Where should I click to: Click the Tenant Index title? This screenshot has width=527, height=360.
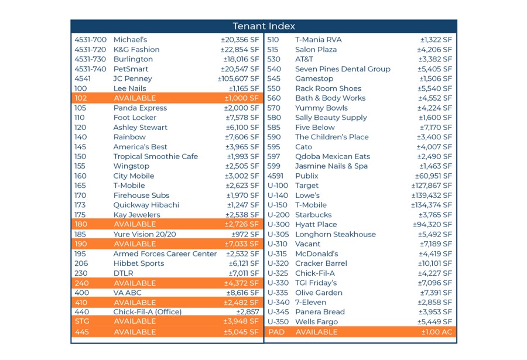pyautogui.click(x=263, y=26)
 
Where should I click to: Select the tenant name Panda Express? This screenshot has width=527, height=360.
pyautogui.click(x=140, y=108)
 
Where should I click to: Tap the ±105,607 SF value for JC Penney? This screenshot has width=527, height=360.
pyautogui.click(x=238, y=78)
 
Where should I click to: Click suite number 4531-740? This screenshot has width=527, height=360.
pyautogui.click(x=90, y=69)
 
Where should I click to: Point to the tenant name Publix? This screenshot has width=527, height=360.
pyautogui.click(x=307, y=176)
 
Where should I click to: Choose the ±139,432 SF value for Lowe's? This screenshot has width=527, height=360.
pyautogui.click(x=431, y=196)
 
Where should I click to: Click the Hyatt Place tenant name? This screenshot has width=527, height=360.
pyautogui.click(x=316, y=224)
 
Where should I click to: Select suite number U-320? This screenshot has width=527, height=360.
pyautogui.click(x=278, y=263)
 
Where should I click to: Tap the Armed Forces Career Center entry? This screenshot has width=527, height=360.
pyautogui.click(x=165, y=254)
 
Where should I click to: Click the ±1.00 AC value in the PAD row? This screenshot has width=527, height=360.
pyautogui.click(x=436, y=332)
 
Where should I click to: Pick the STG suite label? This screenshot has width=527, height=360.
pyautogui.click(x=81, y=321)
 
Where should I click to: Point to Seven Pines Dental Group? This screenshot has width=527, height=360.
pyautogui.click(x=343, y=69)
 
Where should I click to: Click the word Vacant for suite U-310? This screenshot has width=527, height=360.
pyautogui.click(x=307, y=244)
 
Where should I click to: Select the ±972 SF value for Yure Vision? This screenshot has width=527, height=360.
pyautogui.click(x=245, y=234)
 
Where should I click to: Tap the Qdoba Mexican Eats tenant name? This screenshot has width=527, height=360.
pyautogui.click(x=333, y=156)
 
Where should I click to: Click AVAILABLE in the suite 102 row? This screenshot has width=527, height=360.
pyautogui.click(x=135, y=98)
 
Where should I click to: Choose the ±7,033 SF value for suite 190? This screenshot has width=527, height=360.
pyautogui.click(x=241, y=244)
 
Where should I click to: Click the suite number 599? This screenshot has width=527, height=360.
pyautogui.click(x=273, y=166)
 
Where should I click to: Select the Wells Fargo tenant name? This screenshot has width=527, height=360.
pyautogui.click(x=316, y=322)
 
